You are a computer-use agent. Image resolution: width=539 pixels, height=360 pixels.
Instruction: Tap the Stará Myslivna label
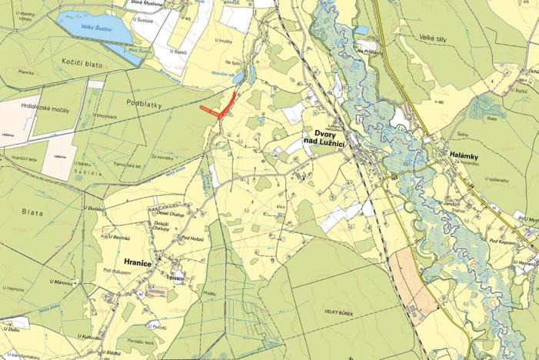(x=148, y=2)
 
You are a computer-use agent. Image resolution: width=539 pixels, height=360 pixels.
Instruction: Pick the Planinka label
(x=28, y=72)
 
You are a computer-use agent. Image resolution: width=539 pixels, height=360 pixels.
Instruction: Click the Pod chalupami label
(x=119, y=271)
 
